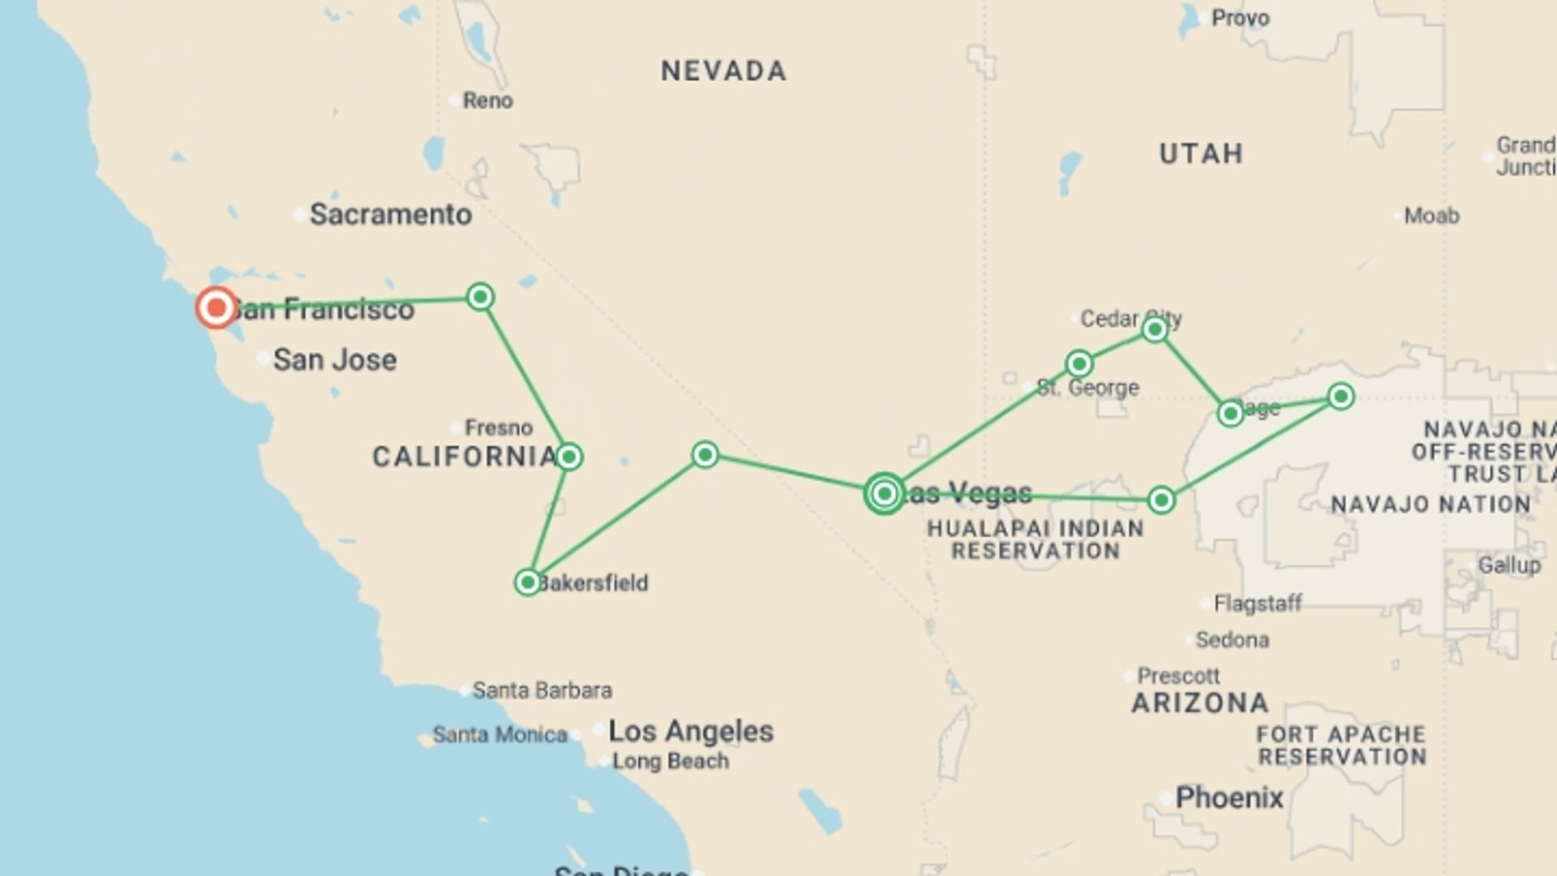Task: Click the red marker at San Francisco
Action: (217, 308)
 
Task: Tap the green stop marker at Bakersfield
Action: (528, 582)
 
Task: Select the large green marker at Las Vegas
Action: (885, 493)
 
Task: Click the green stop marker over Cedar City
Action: (1155, 329)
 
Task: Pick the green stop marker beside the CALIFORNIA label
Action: (569, 457)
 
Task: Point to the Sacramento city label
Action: (390, 215)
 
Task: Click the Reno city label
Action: (487, 101)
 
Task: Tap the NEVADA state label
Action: (723, 71)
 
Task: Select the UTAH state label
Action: (1201, 153)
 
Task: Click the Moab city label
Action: (1431, 216)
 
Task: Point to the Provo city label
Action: (1240, 18)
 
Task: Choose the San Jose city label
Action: (334, 360)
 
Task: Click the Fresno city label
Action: (498, 427)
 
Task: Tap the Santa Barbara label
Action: (542, 690)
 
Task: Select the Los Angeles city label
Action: (691, 732)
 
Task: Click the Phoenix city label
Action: (1229, 798)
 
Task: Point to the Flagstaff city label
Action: (1257, 603)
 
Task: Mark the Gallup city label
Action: (1508, 565)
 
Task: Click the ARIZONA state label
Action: (1200, 703)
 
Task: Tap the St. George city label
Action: (1088, 388)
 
